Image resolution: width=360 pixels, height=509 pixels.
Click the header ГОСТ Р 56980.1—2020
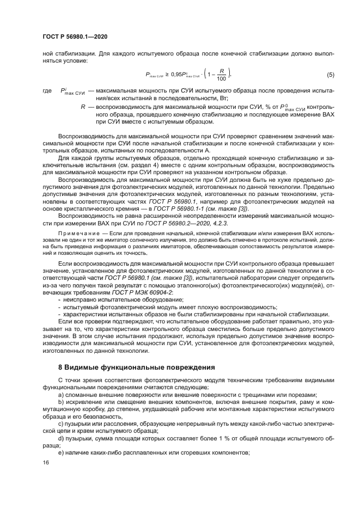(75, 36)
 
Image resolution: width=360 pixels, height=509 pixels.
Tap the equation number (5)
(330, 74)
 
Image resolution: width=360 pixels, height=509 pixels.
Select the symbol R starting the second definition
(83, 108)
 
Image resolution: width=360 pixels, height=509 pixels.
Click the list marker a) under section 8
(60, 394)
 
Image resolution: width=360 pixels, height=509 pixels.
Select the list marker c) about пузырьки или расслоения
(60, 422)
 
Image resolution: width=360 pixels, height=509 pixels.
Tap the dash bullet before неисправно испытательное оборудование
(59, 300)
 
